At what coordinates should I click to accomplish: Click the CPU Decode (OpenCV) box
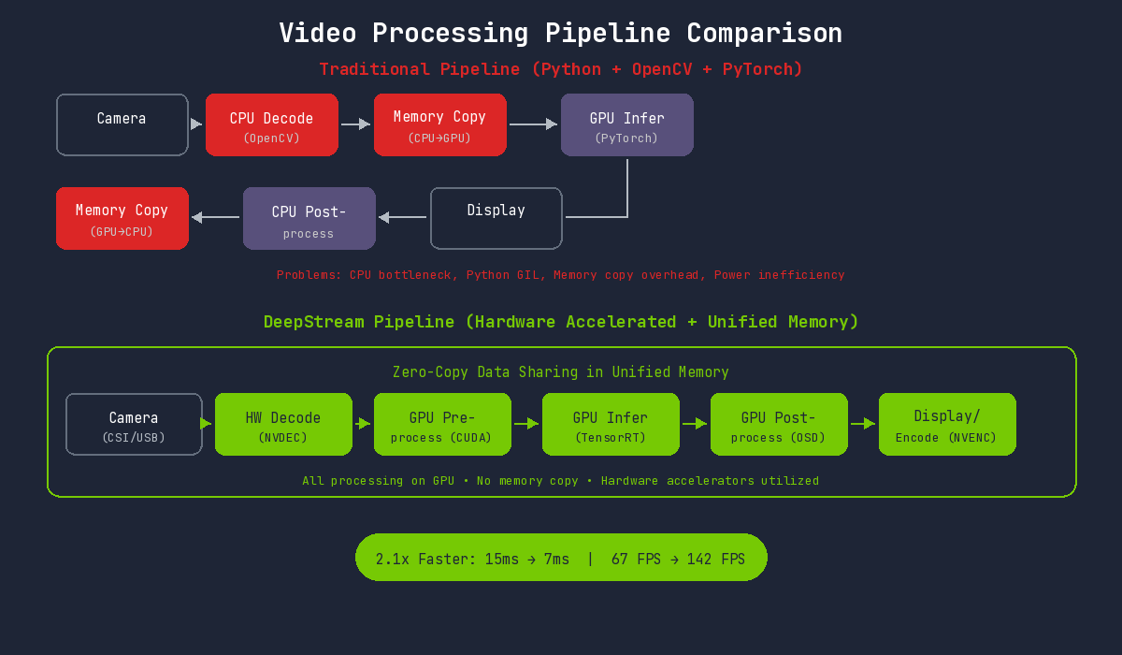tap(271, 124)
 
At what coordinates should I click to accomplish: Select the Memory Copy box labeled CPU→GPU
tap(439, 124)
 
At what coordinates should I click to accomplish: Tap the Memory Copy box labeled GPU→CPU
tap(122, 218)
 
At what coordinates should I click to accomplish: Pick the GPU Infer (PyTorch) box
tap(626, 124)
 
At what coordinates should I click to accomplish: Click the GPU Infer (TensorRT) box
tap(611, 424)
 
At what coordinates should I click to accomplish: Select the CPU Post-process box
tap(309, 218)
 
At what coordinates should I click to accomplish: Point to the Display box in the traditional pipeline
tap(496, 218)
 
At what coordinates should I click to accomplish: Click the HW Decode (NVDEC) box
tap(283, 424)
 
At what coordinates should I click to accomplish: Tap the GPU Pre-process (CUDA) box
tap(442, 424)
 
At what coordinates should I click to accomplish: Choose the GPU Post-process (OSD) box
tap(779, 424)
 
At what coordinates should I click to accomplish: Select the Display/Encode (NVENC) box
tap(947, 424)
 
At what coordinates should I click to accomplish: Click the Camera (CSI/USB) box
tap(134, 424)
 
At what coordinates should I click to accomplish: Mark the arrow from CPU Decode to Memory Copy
tap(355, 124)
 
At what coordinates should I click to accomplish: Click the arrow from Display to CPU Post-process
tap(403, 218)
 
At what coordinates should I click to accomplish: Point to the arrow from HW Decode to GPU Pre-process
tap(363, 424)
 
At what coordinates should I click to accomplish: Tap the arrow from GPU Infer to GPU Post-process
tap(694, 424)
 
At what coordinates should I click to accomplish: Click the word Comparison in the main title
tap(764, 33)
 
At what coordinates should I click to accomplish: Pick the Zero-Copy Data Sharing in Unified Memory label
tap(560, 372)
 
